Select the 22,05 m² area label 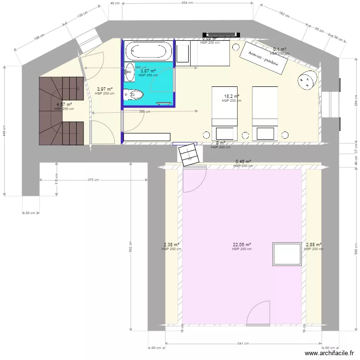tap(242, 245)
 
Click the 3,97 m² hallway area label tap(105, 89)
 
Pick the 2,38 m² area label tap(171, 245)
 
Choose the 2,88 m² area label tap(314, 245)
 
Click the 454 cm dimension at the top tap(187, 3)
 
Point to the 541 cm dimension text tap(243, 344)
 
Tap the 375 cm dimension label tap(93, 180)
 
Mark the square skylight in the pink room tap(286, 254)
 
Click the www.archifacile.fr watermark tap(331, 354)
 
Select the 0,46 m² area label tap(243, 162)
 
